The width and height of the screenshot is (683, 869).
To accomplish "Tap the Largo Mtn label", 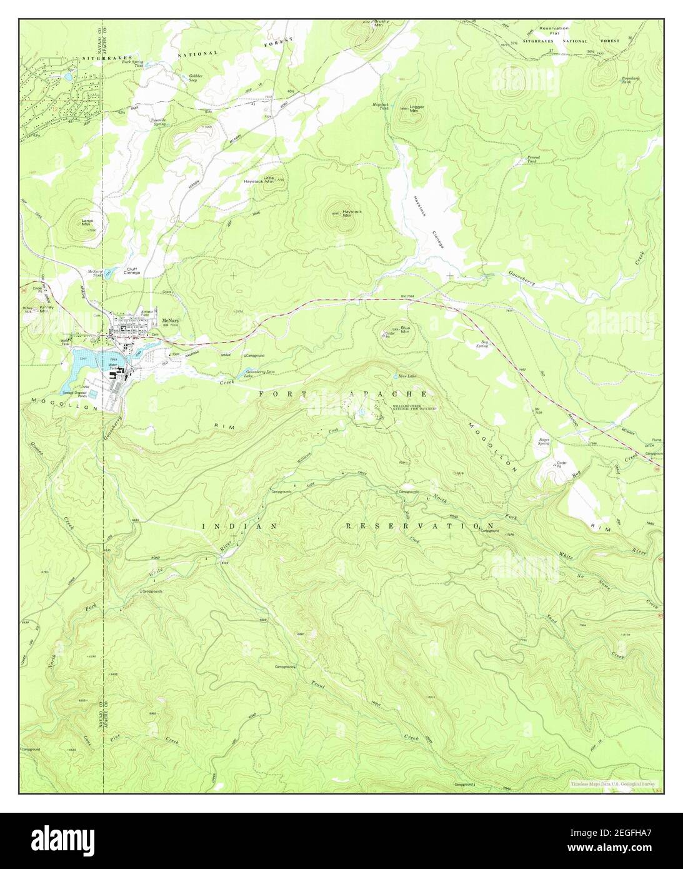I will pyautogui.click(x=86, y=222).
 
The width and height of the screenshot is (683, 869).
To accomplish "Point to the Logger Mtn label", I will pyautogui.click(x=417, y=108).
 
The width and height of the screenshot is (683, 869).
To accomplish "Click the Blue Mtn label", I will pyautogui.click(x=405, y=329).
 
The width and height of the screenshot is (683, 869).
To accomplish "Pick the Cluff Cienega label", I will pyautogui.click(x=132, y=271).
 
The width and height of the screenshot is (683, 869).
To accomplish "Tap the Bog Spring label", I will pyautogui.click(x=482, y=344).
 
